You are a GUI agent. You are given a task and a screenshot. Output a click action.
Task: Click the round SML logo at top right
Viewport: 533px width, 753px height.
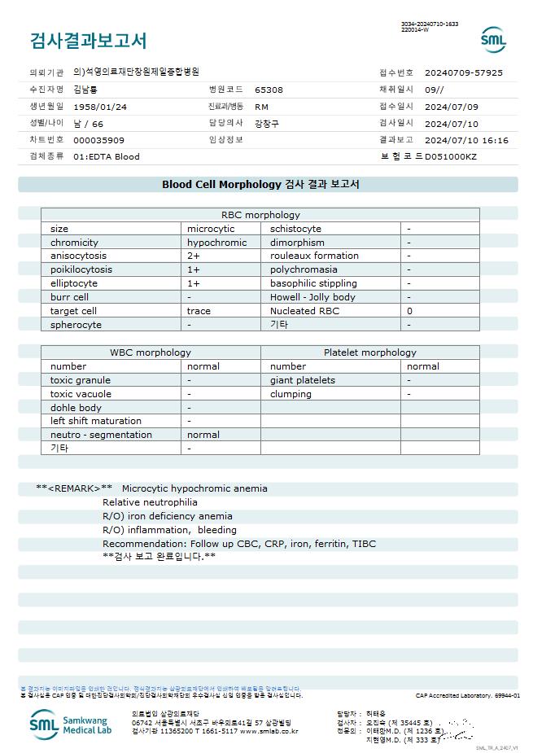click(493, 40)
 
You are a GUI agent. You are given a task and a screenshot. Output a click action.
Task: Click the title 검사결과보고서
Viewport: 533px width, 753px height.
click(88, 41)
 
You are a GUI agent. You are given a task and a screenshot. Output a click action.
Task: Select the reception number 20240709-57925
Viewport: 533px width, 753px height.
click(463, 72)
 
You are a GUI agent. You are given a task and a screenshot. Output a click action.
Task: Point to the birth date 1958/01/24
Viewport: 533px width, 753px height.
click(100, 107)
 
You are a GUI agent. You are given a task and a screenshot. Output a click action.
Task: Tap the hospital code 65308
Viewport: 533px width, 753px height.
click(269, 90)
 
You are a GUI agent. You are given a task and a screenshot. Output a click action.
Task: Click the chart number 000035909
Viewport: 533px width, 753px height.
click(98, 140)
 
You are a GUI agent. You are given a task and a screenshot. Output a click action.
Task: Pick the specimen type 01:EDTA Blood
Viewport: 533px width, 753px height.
click(106, 156)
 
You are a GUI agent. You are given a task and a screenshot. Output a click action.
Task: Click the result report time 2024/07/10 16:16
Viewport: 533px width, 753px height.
click(466, 140)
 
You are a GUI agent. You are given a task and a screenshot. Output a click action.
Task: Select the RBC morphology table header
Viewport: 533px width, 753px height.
click(260, 215)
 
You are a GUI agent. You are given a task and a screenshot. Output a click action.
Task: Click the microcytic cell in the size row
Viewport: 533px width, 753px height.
click(211, 229)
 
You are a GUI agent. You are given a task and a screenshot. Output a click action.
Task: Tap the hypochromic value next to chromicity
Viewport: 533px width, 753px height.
click(216, 243)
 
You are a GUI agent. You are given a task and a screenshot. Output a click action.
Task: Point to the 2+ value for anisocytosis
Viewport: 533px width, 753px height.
click(194, 256)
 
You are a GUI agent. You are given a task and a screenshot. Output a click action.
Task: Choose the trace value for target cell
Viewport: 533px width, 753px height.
click(199, 311)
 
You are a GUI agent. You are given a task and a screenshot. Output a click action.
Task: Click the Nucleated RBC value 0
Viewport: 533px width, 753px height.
click(409, 311)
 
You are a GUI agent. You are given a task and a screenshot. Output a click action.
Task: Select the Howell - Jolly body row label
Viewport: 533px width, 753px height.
click(312, 297)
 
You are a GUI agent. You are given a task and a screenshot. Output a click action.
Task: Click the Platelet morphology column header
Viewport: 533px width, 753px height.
click(369, 352)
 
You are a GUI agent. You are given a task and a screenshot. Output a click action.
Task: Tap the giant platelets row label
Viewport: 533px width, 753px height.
click(303, 380)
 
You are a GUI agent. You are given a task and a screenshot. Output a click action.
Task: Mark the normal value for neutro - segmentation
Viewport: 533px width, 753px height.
click(203, 435)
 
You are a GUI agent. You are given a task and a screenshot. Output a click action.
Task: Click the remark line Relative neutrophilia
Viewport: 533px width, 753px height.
click(150, 502)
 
